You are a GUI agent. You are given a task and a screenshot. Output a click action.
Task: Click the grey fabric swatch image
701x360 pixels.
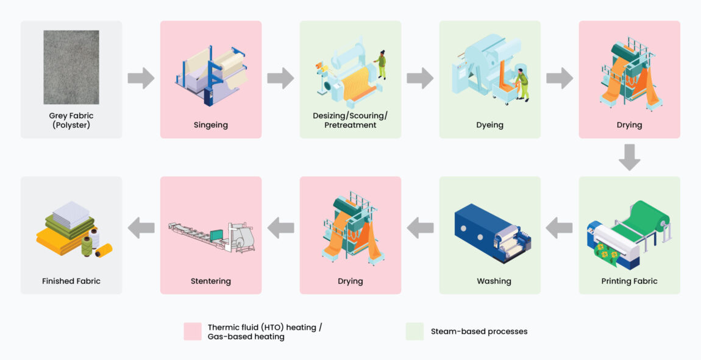click(71, 67)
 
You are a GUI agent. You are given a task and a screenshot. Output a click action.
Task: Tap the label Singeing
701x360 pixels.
click(210, 125)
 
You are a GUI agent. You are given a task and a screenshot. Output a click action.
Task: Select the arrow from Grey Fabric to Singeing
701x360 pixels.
click(141, 78)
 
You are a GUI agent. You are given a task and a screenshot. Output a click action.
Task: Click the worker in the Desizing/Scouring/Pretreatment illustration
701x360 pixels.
click(380, 65)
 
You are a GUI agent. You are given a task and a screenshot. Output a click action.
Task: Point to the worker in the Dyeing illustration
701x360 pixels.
click(522, 85)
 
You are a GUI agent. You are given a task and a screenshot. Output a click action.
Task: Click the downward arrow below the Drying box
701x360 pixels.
click(630, 157)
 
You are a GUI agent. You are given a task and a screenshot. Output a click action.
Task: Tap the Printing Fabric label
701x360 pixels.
click(629, 281)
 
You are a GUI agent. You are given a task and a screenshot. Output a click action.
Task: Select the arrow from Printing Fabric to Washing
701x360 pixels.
click(560, 228)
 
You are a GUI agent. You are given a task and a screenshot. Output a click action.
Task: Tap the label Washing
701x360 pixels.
click(494, 281)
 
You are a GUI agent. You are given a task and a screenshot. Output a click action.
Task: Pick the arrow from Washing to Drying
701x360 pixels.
click(420, 228)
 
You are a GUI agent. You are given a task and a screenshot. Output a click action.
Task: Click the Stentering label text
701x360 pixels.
click(210, 281)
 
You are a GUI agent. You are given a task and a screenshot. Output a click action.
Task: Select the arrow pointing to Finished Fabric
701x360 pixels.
click(141, 228)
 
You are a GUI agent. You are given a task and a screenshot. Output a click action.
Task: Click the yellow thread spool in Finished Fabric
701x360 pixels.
click(104, 250)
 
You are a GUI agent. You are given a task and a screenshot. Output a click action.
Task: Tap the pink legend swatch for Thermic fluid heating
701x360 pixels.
click(193, 331)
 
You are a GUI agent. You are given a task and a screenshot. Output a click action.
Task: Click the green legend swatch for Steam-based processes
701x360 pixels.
click(415, 331)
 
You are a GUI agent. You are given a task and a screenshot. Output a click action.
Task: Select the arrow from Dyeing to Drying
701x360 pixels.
click(560, 78)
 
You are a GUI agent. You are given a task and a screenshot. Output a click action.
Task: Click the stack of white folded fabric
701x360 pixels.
click(71, 211)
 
